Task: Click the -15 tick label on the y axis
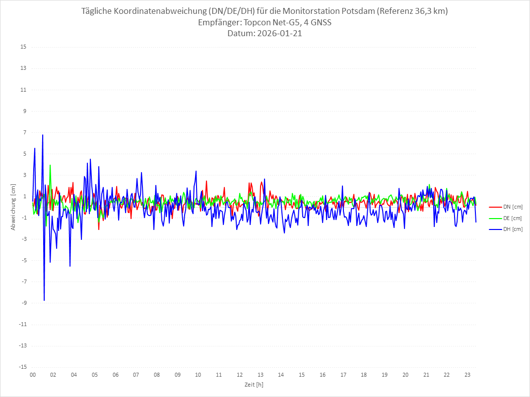pos(22,367)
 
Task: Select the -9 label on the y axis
pos(23,303)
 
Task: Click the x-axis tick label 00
pos(33,375)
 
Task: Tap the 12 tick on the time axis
pos(240,375)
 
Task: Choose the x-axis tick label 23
pos(467,375)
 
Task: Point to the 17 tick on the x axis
pos(343,375)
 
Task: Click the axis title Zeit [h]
pos(254,385)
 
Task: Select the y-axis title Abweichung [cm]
pos(13,207)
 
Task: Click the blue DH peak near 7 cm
pos(43,135)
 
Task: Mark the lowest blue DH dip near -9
pos(44,300)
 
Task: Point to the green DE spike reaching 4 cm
pos(50,166)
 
